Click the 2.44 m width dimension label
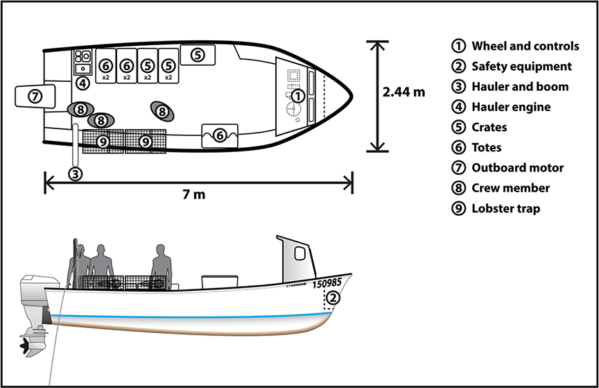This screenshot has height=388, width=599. click(x=404, y=92)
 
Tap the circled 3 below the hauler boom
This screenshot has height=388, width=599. click(x=76, y=173)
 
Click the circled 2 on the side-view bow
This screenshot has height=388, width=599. click(x=333, y=298)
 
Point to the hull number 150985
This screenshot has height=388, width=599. click(x=327, y=283)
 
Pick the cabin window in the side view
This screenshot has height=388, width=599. click(x=300, y=253)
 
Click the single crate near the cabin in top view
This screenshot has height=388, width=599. click(x=197, y=53)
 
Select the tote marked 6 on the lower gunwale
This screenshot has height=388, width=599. click(x=219, y=135)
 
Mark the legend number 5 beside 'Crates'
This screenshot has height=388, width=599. click(x=458, y=127)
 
